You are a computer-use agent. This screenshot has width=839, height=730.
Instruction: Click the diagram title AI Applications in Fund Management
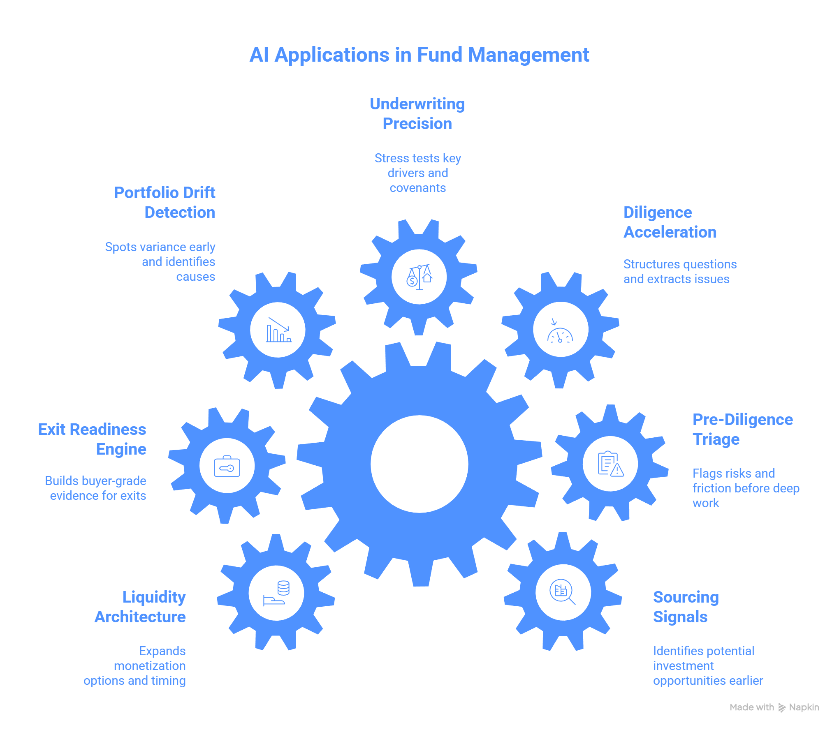pyautogui.click(x=419, y=55)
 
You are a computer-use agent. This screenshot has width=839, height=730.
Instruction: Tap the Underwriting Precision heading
pyautogui.click(x=417, y=114)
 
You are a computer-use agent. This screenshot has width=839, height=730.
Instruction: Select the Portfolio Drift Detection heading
pyautogui.click(x=165, y=202)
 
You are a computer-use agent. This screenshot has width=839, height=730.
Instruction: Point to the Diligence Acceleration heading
pyautogui.click(x=670, y=222)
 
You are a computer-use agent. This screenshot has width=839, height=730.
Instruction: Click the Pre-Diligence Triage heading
pyautogui.click(x=742, y=429)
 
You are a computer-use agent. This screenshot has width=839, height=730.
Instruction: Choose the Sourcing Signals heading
pyautogui.click(x=686, y=607)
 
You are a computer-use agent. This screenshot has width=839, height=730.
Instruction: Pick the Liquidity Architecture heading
pyautogui.click(x=140, y=607)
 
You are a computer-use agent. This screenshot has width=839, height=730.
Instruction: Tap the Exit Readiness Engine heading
pyautogui.click(x=92, y=439)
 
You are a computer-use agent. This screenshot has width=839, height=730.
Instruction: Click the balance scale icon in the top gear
pyautogui.click(x=419, y=277)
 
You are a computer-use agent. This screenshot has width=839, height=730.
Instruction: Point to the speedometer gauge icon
pyautogui.click(x=560, y=330)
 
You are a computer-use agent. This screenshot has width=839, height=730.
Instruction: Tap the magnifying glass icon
pyautogui.click(x=563, y=592)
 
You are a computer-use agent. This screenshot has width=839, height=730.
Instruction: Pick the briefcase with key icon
pyautogui.click(x=227, y=466)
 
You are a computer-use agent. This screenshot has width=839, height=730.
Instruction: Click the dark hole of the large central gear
pyautogui.click(x=419, y=464)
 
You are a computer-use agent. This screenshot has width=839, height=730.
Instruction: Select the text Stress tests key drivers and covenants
pyautogui.click(x=417, y=173)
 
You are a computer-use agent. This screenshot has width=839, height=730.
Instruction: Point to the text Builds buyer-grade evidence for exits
pyautogui.click(x=96, y=488)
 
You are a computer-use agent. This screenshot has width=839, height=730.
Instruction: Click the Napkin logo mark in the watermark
pyautogui.click(x=782, y=707)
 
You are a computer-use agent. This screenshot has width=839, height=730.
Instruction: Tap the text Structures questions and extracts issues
pyautogui.click(x=679, y=271)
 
